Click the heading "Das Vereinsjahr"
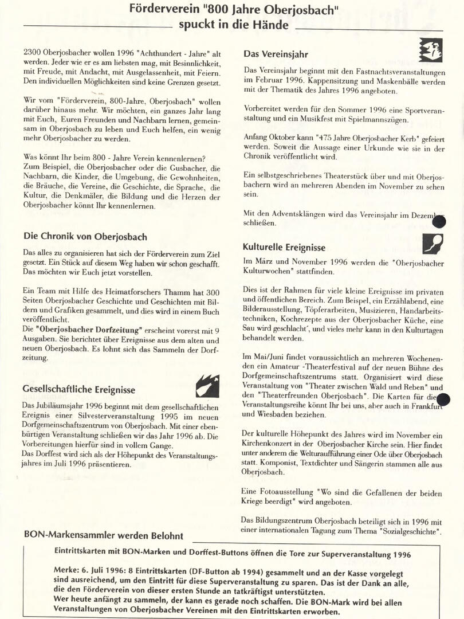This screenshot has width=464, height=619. (276, 54)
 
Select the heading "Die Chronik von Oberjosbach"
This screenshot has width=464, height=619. (85, 237)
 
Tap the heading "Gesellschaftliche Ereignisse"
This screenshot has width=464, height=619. (79, 390)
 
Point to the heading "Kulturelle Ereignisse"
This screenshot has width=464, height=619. (284, 248)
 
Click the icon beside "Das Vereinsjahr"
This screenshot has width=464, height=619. (430, 50)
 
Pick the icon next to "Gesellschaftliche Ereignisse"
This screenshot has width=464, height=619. (207, 386)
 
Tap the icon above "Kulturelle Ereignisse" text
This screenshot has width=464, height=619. (432, 244)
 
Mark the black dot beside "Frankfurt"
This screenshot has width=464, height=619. (443, 399)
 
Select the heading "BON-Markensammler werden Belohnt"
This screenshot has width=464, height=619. (104, 536)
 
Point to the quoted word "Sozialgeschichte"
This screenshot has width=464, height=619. (408, 532)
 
